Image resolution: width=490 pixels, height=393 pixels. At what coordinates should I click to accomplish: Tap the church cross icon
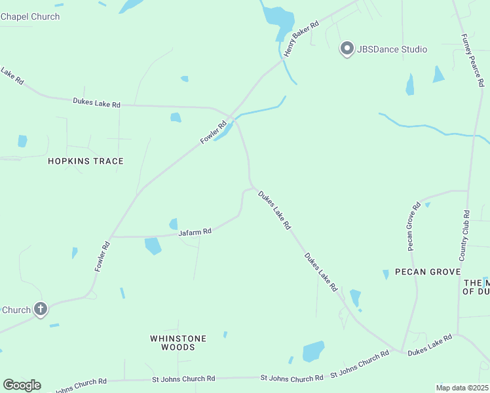coord(41,309)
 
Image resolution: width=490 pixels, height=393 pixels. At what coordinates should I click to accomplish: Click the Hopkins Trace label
coord(85,161)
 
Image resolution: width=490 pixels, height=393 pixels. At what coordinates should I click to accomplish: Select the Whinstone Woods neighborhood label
coord(178,343)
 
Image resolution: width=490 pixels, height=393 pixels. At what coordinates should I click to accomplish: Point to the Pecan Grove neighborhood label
coord(428,272)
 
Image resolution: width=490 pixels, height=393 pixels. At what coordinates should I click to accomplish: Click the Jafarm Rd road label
coord(195,232)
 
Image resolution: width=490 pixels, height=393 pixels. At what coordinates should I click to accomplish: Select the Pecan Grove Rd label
coord(413,227)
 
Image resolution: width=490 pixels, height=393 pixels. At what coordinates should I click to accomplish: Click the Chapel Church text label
coord(30,16)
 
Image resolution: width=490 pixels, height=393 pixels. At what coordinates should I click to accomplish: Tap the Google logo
coord(22,385)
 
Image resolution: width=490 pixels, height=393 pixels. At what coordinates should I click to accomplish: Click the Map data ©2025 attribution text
coord(462,388)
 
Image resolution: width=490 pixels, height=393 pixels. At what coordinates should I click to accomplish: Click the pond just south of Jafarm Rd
coord(153,246)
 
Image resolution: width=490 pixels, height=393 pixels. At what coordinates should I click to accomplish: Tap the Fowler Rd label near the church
coord(102,257)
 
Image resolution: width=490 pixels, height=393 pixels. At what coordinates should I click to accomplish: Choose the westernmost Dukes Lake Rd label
coord(97,103)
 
